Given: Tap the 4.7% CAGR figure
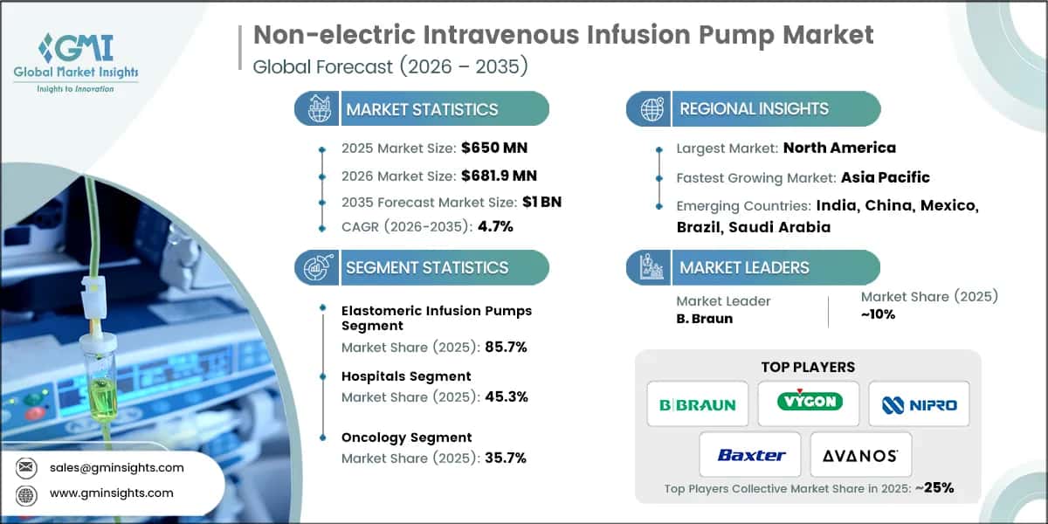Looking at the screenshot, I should [495, 226].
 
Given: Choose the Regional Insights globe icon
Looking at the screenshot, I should [652, 109].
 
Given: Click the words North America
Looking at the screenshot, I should [839, 148].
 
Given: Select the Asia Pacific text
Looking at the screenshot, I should [885, 177].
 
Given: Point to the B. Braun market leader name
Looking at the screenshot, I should [705, 318].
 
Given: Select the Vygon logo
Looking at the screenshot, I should [809, 403].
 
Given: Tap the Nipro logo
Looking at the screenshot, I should [919, 404].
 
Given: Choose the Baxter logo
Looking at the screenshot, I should [751, 454].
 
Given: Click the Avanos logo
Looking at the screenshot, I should [861, 455].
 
